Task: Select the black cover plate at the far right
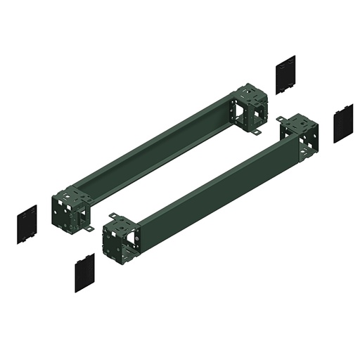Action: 343,123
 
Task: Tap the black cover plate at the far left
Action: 27,224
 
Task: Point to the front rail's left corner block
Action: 120,238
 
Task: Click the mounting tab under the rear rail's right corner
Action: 257,132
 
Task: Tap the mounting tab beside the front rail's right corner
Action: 281,120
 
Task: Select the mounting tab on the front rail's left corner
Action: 112,216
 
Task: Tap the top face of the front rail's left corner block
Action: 120,223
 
